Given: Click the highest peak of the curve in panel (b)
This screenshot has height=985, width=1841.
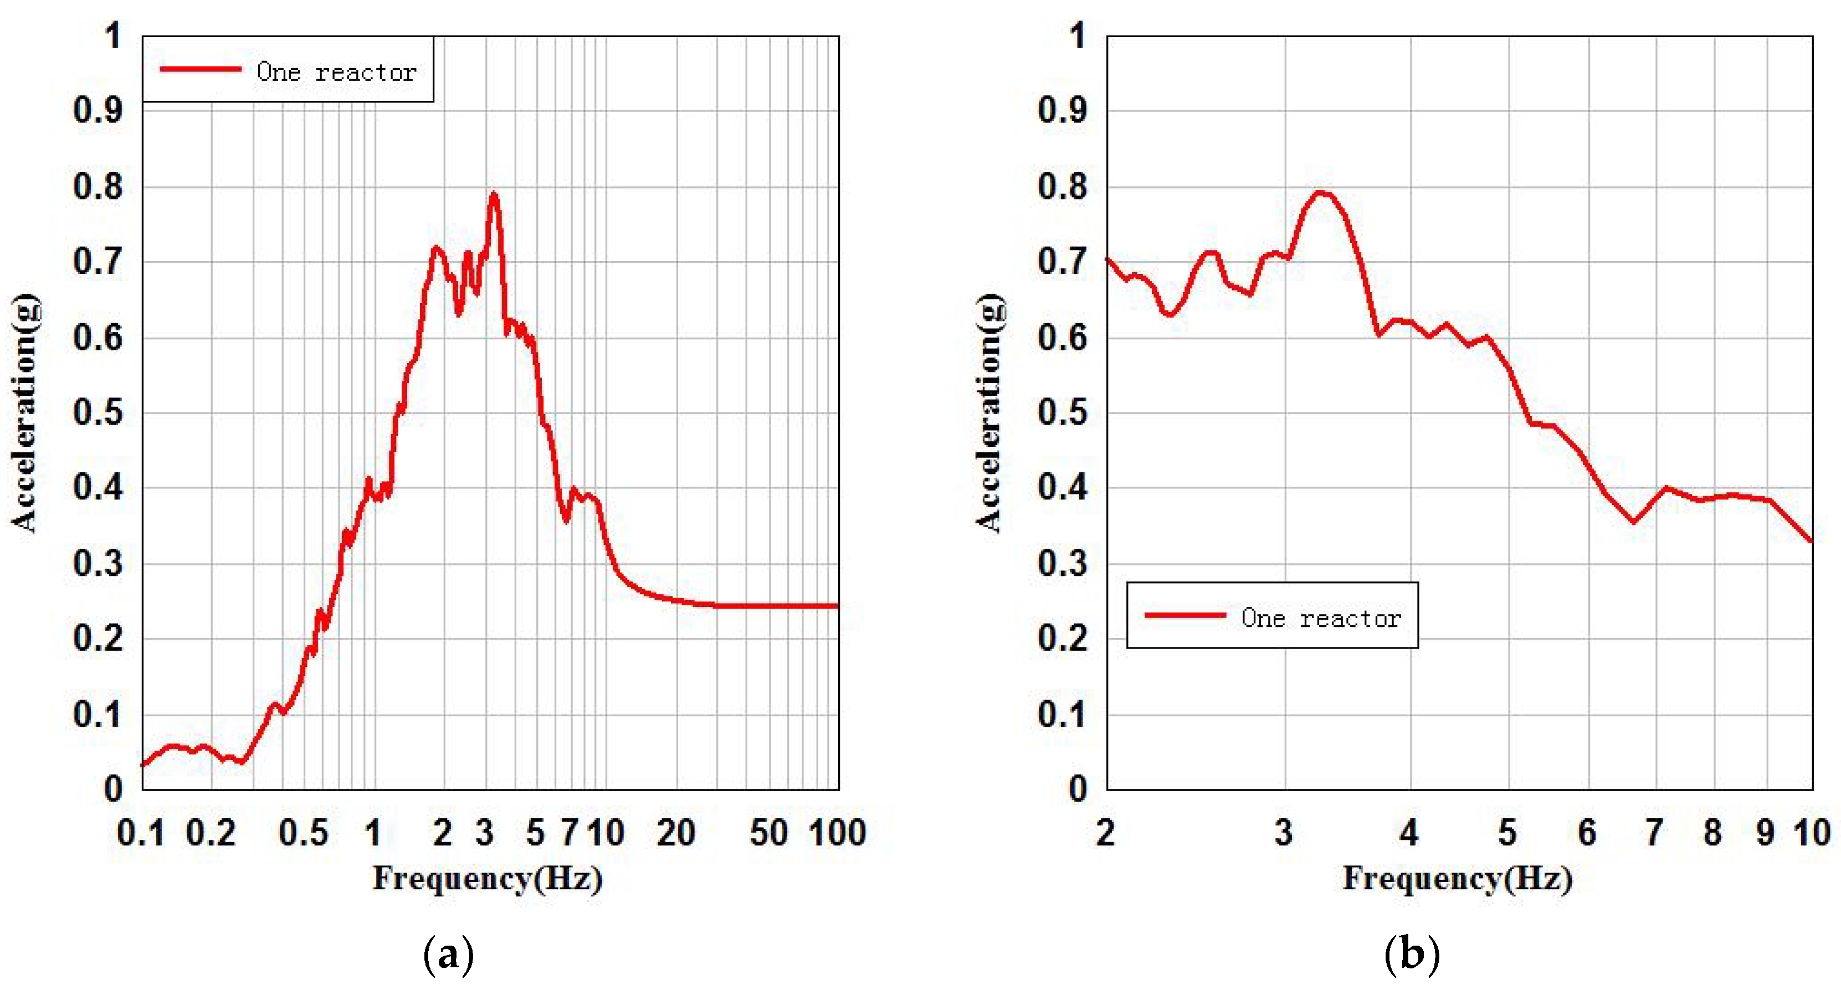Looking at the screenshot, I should coord(1321,192).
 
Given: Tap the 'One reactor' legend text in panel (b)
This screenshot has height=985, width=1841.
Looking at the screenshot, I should coord(1321,617).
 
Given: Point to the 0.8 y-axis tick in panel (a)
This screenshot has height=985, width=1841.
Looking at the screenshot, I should coord(98,187).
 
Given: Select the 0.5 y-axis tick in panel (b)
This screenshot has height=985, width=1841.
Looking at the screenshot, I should coord(1063,412).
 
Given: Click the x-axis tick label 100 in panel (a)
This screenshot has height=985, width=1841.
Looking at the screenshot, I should coord(837,833).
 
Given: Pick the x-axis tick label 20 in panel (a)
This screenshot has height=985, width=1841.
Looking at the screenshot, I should coord(675,833).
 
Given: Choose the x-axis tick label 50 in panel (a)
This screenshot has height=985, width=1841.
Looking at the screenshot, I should coord(768,833).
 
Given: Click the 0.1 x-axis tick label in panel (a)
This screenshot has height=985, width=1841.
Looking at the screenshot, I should coord(141,833).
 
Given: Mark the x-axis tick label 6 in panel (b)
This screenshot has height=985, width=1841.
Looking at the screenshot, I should coord(1587,833).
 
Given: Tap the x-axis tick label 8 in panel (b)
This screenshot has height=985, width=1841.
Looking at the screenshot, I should coord(1712,833).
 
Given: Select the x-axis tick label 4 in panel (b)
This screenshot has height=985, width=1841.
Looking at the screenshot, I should coord(1409,833).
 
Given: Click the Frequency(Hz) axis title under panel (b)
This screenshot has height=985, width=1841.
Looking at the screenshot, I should coord(1458,879).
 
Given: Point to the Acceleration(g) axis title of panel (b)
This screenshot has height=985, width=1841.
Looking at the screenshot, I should coord(990,412).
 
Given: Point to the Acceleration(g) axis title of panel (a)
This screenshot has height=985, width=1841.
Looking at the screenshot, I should coord(25,412).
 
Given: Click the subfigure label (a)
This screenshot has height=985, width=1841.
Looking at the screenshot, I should coord(448,955).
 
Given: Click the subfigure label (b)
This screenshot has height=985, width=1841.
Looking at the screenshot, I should coord(1412,955).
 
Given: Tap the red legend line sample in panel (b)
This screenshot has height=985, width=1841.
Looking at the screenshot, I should coord(1185,615).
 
